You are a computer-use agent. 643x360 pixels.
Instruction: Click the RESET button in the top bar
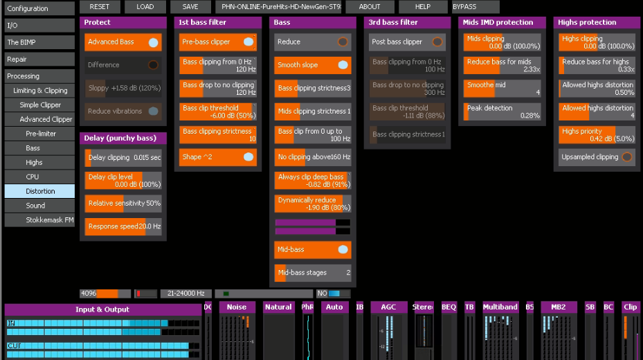click(100, 7)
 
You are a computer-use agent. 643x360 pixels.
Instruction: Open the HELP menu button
click(422, 7)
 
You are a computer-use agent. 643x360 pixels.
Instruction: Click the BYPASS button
click(464, 7)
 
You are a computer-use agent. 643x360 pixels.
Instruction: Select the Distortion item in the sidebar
click(39, 191)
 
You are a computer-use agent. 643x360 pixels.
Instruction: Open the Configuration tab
click(38, 9)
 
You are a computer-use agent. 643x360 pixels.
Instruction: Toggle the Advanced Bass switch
click(153, 42)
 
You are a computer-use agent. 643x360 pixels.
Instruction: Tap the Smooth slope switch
click(343, 65)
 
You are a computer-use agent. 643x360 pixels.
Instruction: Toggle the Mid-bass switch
click(343, 249)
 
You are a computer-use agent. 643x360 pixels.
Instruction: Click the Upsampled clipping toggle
click(626, 157)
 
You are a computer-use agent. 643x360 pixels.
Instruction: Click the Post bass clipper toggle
click(437, 42)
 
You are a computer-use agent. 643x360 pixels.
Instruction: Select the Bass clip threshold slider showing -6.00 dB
click(218, 111)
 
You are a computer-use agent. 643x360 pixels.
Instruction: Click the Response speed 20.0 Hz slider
click(124, 226)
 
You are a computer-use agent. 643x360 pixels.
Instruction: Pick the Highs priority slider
click(597, 134)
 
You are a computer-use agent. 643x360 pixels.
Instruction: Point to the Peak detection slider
click(502, 111)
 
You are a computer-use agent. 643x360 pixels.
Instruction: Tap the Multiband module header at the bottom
click(500, 307)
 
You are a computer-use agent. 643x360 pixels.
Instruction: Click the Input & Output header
click(102, 309)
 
